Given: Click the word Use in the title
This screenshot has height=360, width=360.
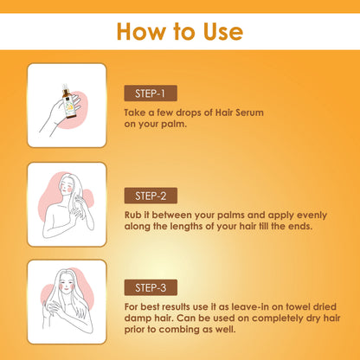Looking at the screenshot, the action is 223,31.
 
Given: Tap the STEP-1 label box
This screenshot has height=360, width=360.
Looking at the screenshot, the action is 151,93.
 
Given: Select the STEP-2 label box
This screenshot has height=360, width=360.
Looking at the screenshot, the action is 151,196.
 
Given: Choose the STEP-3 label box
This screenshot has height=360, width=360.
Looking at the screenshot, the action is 151,287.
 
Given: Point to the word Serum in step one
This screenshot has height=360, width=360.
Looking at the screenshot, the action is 249,112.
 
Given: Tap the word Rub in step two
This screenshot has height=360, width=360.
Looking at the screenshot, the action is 132,215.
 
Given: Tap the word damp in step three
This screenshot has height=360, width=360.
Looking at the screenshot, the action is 136,318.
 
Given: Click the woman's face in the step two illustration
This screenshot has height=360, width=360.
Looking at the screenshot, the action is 66,186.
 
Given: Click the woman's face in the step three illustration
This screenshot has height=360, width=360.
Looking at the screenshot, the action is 67,284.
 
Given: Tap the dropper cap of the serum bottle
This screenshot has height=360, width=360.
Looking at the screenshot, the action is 65,87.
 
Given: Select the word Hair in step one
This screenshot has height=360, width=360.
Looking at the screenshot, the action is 224,112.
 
